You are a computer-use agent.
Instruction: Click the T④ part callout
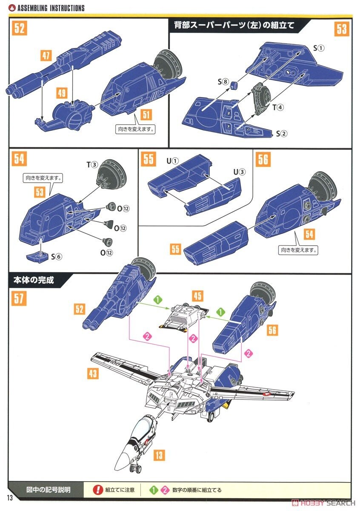pyautogui.click(x=277, y=107)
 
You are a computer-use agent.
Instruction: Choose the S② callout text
pyautogui.click(x=282, y=134)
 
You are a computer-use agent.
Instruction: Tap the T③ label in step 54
pyautogui.click(x=92, y=165)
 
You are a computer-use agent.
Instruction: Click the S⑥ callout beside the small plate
pyautogui.click(x=57, y=256)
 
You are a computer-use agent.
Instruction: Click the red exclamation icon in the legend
pyautogui.click(x=98, y=490)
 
